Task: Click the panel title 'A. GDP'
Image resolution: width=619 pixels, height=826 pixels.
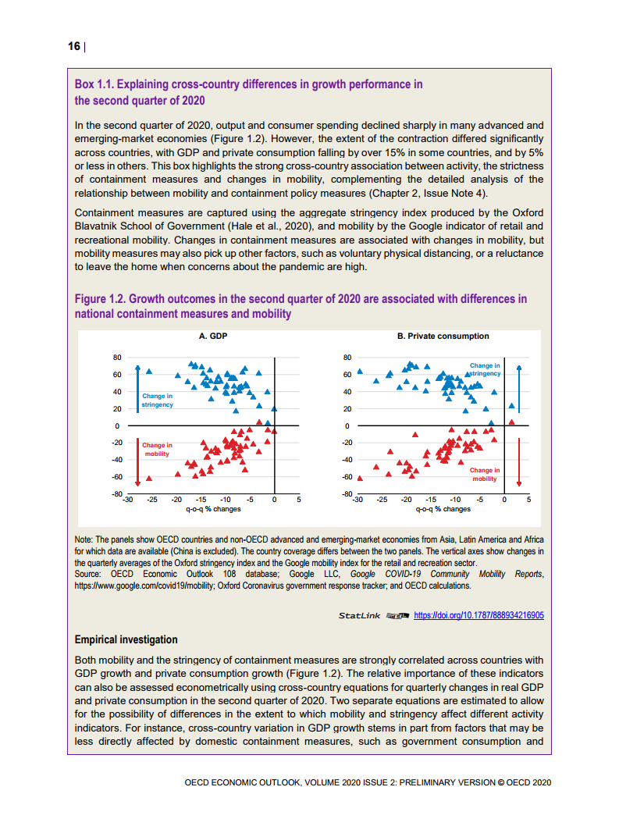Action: [213, 336]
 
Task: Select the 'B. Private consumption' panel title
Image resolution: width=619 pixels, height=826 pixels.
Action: [443, 336]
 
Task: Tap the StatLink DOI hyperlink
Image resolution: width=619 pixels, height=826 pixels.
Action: [478, 615]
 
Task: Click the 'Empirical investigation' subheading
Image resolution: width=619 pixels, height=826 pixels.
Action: [126, 640]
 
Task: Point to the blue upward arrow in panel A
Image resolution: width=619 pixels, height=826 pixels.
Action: [137, 387]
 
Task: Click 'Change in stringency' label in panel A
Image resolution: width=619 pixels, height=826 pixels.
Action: [157, 401]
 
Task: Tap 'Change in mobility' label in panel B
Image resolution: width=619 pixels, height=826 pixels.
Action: [484, 475]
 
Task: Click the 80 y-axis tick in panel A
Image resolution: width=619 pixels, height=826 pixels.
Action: [117, 358]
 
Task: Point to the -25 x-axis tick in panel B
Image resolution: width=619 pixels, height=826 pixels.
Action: [382, 499]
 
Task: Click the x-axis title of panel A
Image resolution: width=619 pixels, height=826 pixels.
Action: [213, 509]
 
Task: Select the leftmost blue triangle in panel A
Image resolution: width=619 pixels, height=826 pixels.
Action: [149, 372]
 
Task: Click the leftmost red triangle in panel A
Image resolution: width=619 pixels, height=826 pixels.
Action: [149, 478]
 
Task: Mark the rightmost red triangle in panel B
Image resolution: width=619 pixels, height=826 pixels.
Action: [511, 422]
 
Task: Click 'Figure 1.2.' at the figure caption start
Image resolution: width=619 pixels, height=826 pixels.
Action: [99, 299]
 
